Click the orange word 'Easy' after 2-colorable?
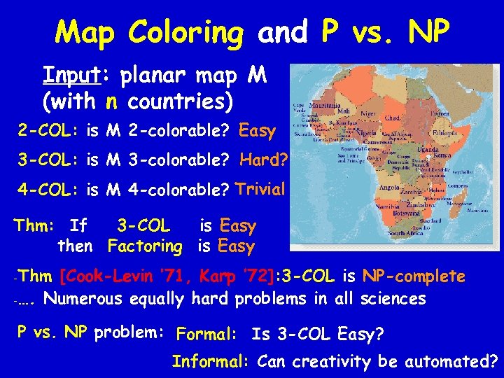point(258,130)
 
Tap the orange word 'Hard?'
point(263,160)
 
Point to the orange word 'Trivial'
point(260,188)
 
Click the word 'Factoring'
point(145,246)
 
